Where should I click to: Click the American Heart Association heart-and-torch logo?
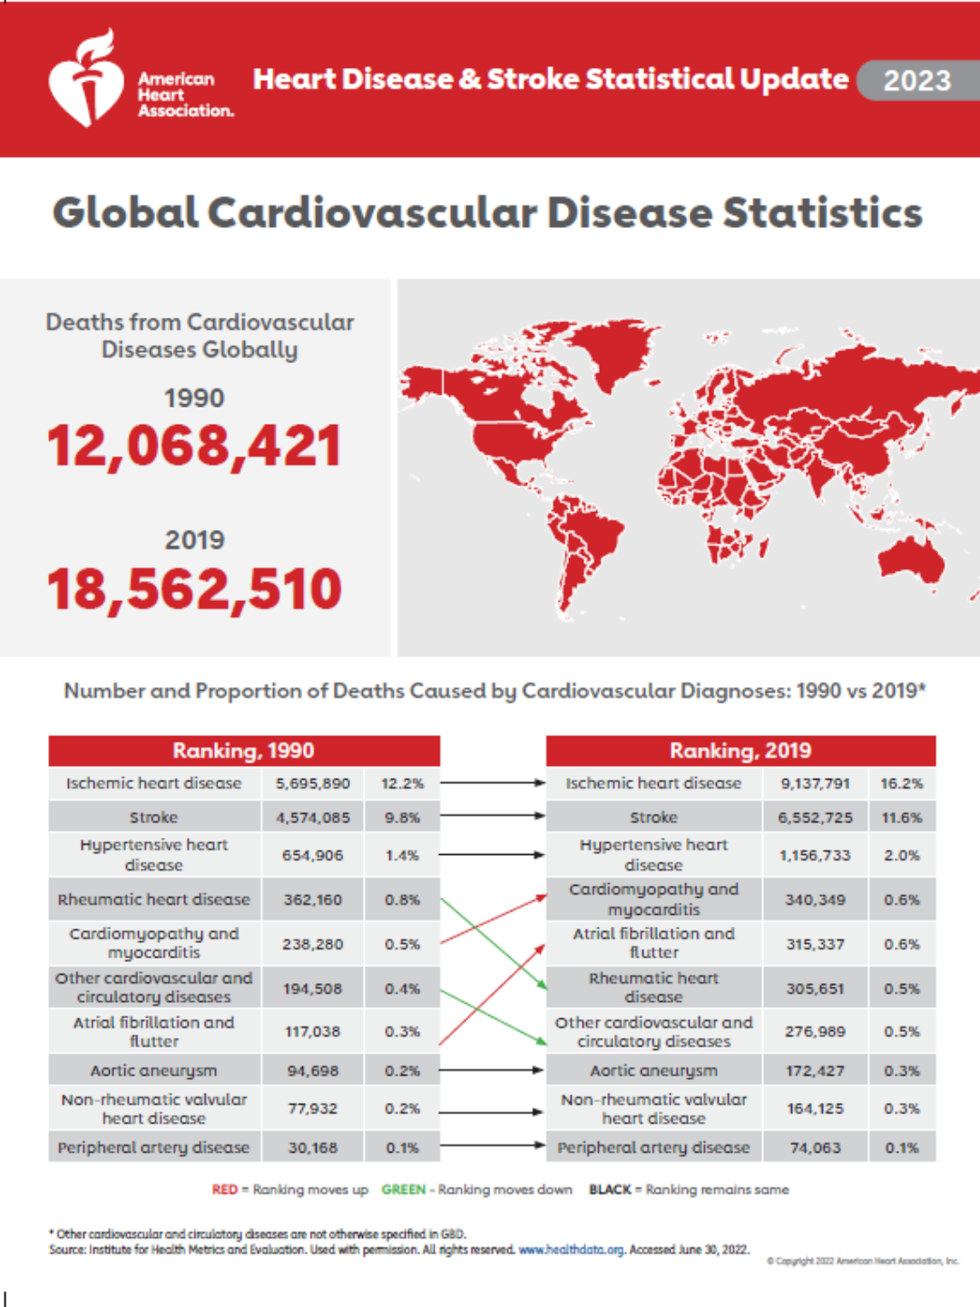(86, 80)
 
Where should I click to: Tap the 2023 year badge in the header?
(916, 81)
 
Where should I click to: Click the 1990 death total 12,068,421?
(194, 447)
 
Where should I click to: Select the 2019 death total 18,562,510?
(194, 589)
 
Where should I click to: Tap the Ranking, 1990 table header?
(243, 751)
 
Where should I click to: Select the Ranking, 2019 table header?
(740, 751)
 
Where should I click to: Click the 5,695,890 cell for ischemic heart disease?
(313, 783)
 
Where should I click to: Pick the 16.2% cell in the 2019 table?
(901, 783)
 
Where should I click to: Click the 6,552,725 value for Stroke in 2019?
(815, 818)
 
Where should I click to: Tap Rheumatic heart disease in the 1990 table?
(153, 899)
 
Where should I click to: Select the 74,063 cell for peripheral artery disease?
(815, 1147)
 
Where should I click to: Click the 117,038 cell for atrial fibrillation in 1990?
(313, 1032)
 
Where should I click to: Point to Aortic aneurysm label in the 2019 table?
(653, 1071)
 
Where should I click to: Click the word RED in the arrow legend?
(224, 1189)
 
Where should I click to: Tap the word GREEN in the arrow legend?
(403, 1189)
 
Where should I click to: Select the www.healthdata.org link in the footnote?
(571, 1250)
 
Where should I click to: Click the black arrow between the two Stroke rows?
(492, 816)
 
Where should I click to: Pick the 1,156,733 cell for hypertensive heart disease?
(815, 855)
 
